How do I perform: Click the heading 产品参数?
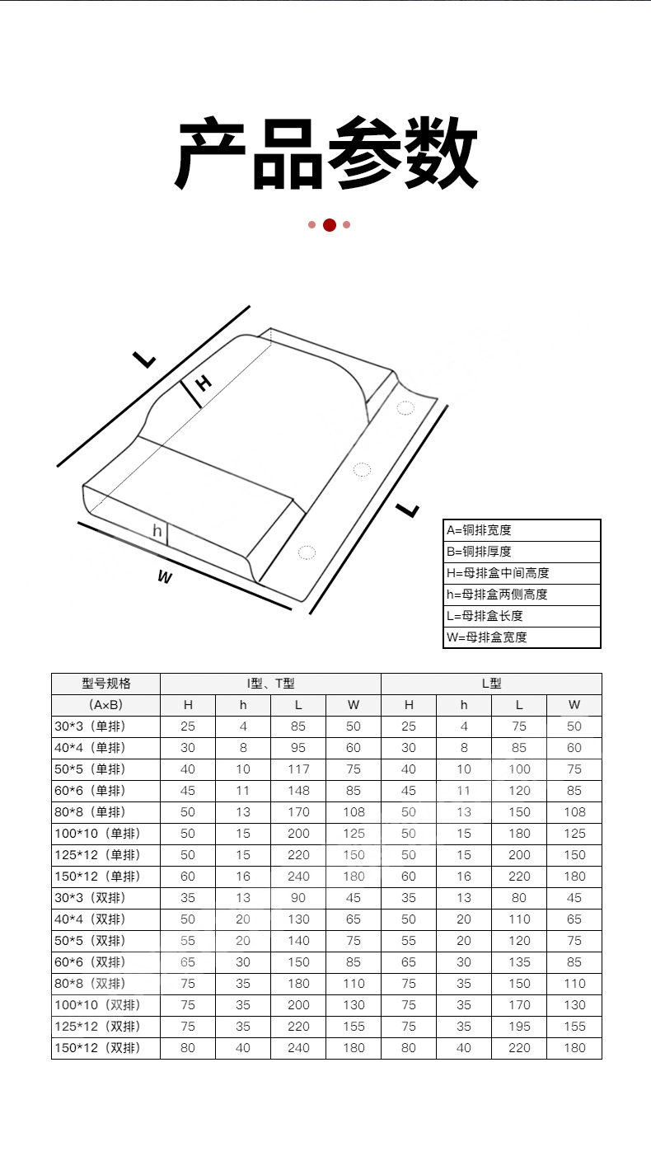pyautogui.click(x=325, y=153)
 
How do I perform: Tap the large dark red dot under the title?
pyautogui.click(x=330, y=225)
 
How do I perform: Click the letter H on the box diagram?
pyautogui.click(x=204, y=383)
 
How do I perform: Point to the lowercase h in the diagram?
pyautogui.click(x=157, y=530)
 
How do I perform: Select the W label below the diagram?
pyautogui.click(x=165, y=576)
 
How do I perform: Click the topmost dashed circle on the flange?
pyautogui.click(x=405, y=408)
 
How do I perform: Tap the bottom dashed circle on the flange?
pyautogui.click(x=307, y=552)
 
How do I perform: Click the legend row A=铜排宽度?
pyautogui.click(x=479, y=530)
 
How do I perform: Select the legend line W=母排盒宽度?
pyautogui.click(x=487, y=637)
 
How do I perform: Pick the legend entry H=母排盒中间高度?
pyautogui.click(x=498, y=573)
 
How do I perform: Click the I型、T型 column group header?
pyautogui.click(x=270, y=684)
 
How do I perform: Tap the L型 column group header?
pyautogui.click(x=491, y=684)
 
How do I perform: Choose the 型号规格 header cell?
pyautogui.click(x=106, y=684)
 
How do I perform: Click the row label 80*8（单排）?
pyautogui.click(x=90, y=812)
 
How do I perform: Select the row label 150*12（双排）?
pyautogui.click(x=97, y=1048)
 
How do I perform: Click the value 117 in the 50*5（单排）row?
pyautogui.click(x=298, y=769)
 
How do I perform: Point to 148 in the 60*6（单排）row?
pyautogui.click(x=298, y=791)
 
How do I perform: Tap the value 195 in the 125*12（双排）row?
pyautogui.click(x=519, y=1027)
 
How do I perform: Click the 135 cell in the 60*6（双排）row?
pyautogui.click(x=519, y=962)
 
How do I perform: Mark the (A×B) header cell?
pyautogui.click(x=105, y=705)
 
